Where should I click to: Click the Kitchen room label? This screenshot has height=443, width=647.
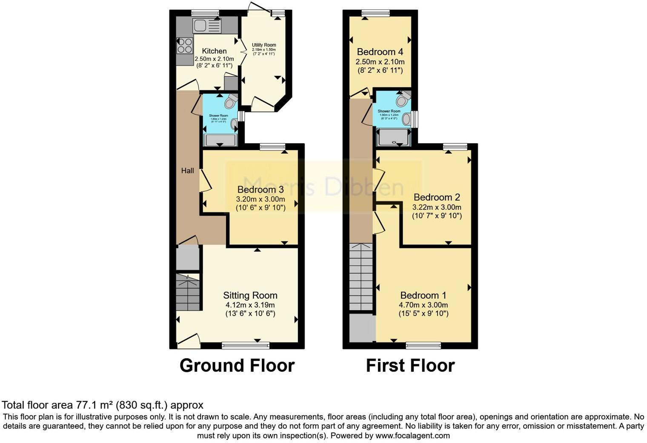tap(214, 51)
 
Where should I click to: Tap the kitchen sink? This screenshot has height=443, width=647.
tap(207, 26)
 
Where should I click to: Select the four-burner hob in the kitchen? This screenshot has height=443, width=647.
tap(185, 46)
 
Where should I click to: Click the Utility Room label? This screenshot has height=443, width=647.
tap(264, 45)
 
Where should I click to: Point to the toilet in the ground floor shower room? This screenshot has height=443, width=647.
tap(231, 101)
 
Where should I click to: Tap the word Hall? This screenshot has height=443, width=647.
tap(187, 171)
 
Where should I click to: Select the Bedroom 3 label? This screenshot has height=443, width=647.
tap(261, 190)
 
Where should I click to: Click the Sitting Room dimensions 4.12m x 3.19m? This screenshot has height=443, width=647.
tap(250, 305)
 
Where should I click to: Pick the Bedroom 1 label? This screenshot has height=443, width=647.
tap(423, 295)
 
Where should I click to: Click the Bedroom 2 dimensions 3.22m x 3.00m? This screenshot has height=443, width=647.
tap(437, 207)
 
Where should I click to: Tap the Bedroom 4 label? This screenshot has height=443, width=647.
tap(380, 52)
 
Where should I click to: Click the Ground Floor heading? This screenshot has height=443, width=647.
tap(237, 365)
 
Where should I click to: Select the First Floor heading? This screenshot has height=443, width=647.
tap(410, 365)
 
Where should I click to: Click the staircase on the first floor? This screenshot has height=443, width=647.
tap(361, 277)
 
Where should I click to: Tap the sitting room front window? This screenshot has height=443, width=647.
tap(246, 345)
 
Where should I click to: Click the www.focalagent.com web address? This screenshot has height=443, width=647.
tap(412, 436)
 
